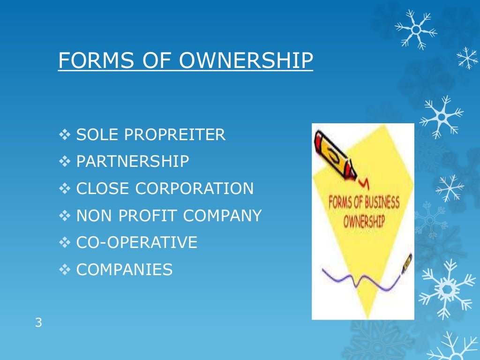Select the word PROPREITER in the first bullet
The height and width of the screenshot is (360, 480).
coord(174,135)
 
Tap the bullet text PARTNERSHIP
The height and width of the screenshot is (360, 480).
coord(133,162)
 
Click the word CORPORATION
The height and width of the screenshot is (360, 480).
coord(194,189)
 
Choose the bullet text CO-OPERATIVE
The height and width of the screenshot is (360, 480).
coord(136,243)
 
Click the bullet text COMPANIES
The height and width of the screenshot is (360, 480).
coord(124,270)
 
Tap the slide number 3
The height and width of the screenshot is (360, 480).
coord(38,322)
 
